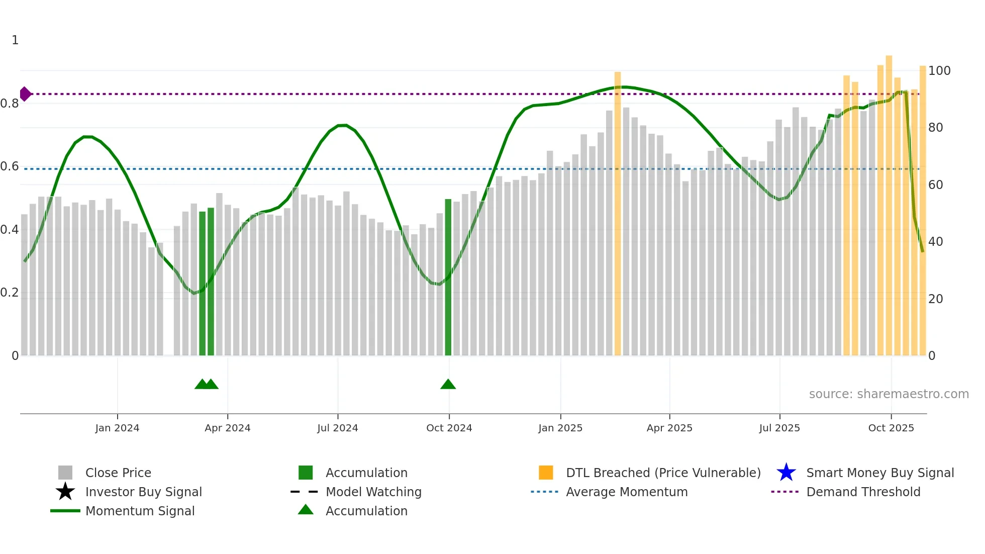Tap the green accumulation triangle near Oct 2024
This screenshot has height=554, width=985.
click(x=448, y=385)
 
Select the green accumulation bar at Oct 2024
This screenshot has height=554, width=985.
click(x=448, y=276)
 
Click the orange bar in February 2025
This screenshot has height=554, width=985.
click(x=617, y=214)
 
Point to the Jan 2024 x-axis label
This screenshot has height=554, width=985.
click(x=117, y=428)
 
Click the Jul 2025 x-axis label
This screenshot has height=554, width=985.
click(x=779, y=428)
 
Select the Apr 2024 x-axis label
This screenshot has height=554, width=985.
click(x=227, y=428)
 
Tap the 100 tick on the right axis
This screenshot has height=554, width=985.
click(x=939, y=71)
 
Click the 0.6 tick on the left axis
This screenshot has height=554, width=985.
click(x=10, y=166)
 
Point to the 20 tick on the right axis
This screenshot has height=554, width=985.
click(x=935, y=299)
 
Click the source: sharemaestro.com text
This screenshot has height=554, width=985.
click(x=889, y=394)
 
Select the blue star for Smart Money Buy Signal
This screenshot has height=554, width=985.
click(x=786, y=473)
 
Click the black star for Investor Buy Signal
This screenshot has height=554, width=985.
click(x=65, y=492)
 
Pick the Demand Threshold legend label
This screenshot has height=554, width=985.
click(x=863, y=492)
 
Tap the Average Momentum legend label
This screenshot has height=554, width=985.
click(x=626, y=492)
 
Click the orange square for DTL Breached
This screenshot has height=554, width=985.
click(x=546, y=473)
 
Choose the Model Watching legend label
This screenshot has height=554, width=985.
click(x=373, y=492)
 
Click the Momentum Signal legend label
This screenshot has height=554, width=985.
click(x=140, y=511)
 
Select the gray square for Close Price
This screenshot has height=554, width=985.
click(x=65, y=473)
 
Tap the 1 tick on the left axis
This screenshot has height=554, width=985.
click(x=15, y=40)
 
